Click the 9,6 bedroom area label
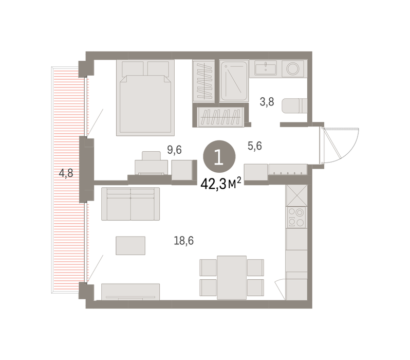[x=174, y=150]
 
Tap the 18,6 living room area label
[x=184, y=240]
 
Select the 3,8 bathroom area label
[x=267, y=102]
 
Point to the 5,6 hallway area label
[x=255, y=146]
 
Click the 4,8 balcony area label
[x=66, y=173]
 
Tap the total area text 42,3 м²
[x=220, y=184]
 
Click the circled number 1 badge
[x=219, y=156]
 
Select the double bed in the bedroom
[x=145, y=98]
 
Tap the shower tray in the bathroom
[x=234, y=81]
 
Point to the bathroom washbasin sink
[x=266, y=68]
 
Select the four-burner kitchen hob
[x=296, y=218]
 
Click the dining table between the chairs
[x=232, y=278]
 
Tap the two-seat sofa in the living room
[x=131, y=204]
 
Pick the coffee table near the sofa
[x=131, y=246]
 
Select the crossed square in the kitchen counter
[x=296, y=195]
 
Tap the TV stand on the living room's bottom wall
[x=131, y=292]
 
